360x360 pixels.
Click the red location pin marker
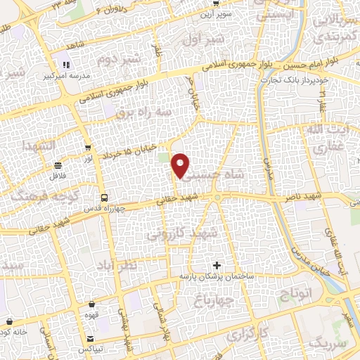pos(181,165)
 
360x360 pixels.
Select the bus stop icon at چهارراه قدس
pos(104,198)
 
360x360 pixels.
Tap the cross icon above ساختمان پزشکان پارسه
pos(217,266)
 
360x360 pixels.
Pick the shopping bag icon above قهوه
pos(93,305)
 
